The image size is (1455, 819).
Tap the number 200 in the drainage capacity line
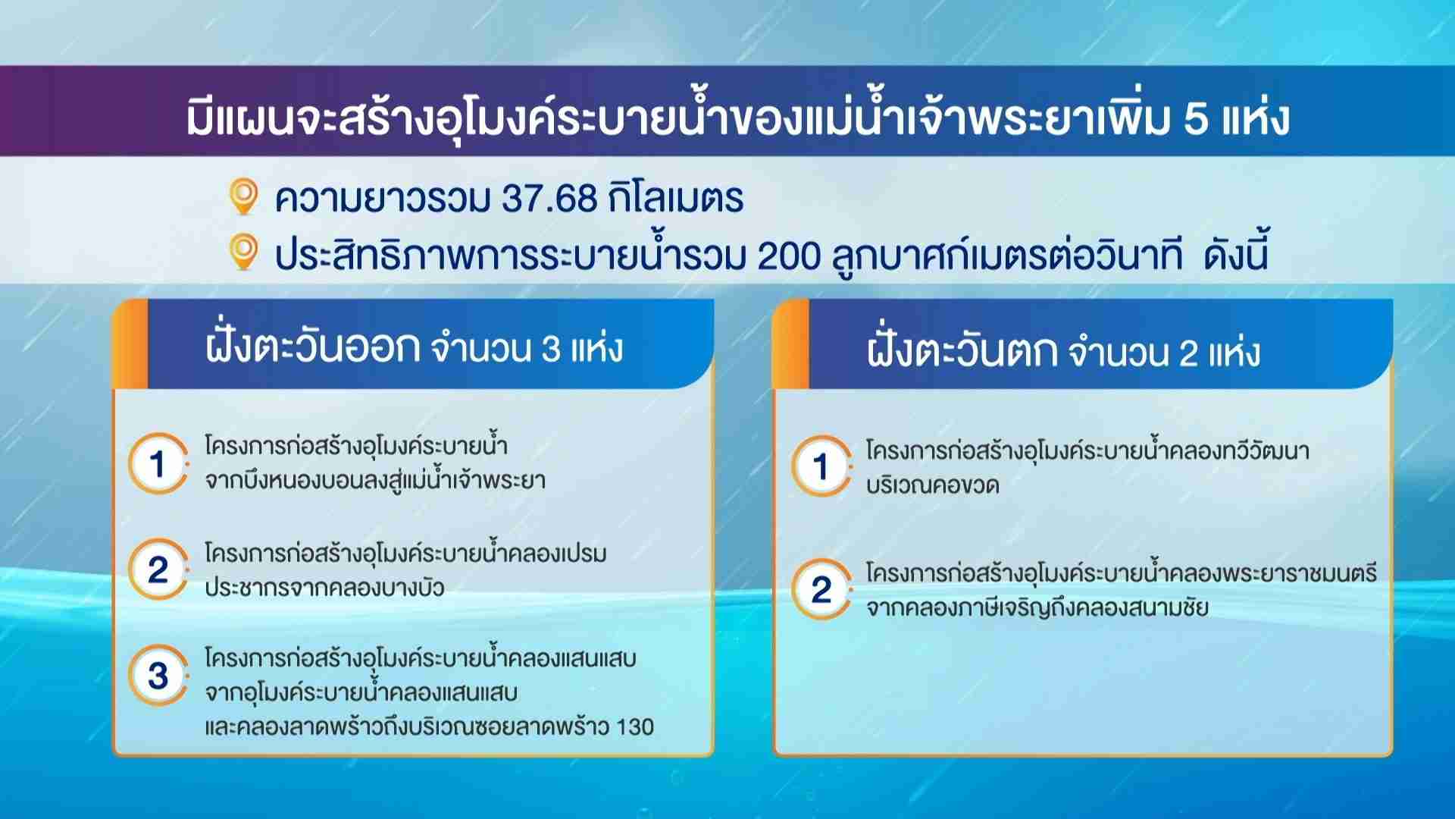[789, 256]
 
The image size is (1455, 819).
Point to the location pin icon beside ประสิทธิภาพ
[243, 253]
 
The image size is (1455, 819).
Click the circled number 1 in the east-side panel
[158, 463]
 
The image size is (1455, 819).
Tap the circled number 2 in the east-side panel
[158, 569]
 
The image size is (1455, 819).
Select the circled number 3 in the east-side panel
[158, 675]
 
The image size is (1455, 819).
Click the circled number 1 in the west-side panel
[821, 466]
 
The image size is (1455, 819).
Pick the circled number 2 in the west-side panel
[821, 589]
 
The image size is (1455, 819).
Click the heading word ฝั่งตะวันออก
[312, 347]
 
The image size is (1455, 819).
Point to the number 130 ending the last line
[635, 727]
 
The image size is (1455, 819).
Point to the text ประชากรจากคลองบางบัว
[324, 588]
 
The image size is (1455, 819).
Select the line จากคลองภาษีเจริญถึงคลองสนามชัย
[1037, 608]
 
